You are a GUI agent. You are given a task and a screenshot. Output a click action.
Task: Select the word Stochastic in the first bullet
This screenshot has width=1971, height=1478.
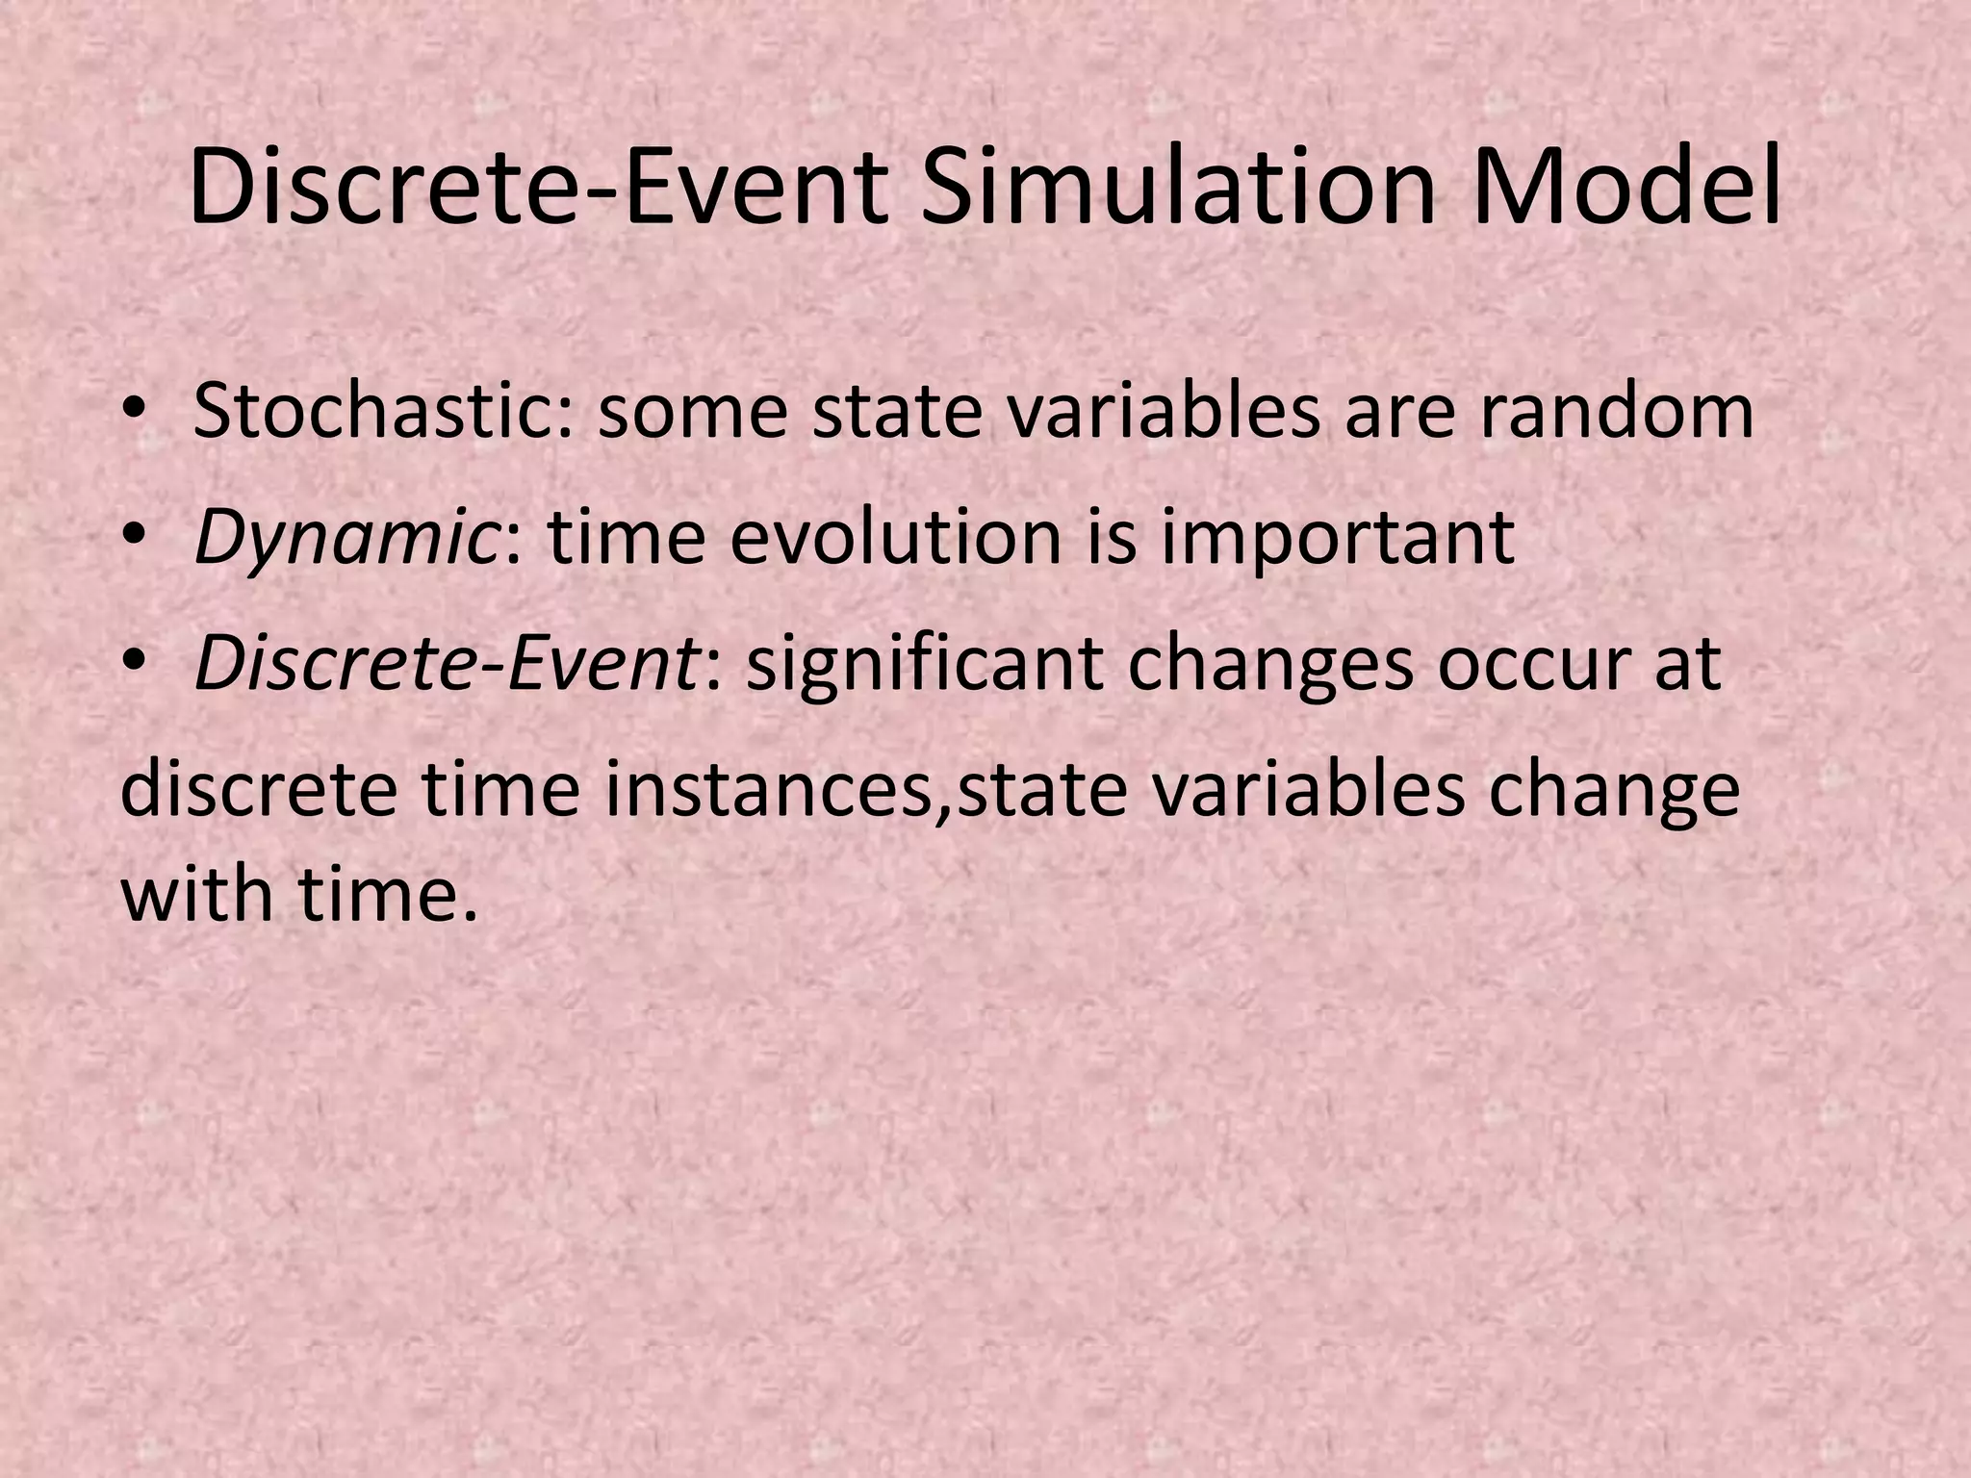click(x=381, y=411)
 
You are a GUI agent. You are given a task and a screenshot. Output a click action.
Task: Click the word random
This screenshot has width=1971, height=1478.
click(x=1616, y=411)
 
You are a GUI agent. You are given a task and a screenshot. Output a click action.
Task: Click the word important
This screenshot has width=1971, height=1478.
click(x=1338, y=539)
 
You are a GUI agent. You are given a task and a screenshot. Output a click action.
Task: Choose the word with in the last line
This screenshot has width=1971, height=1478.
click(x=197, y=893)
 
